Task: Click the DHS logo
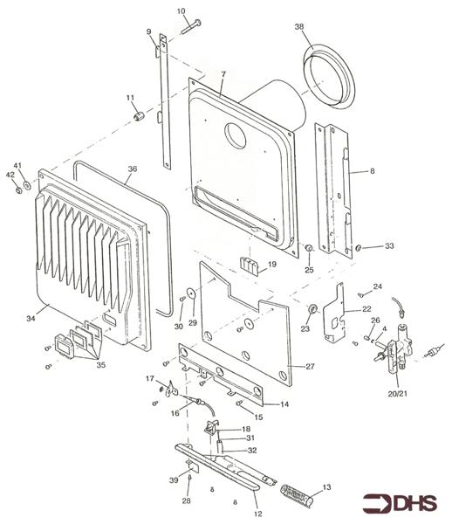400,504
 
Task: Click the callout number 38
299,26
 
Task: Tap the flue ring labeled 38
329,77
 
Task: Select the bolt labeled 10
191,27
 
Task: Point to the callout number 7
223,74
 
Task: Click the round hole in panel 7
235,136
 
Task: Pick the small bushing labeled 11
139,117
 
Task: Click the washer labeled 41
27,184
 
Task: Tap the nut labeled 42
19,190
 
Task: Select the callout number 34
31,319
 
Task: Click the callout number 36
133,169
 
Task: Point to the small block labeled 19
250,266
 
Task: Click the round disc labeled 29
192,293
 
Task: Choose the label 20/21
398,393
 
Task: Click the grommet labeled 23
312,309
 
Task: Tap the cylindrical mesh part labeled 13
297,495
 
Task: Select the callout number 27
310,367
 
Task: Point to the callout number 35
101,365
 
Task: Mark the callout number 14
284,404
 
